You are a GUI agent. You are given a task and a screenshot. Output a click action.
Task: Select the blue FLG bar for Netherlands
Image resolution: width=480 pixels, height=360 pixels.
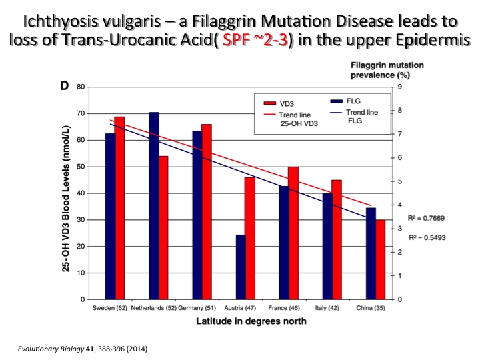[153, 206]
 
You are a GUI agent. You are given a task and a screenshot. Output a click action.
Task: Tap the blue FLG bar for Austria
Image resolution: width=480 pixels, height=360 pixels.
[241, 267]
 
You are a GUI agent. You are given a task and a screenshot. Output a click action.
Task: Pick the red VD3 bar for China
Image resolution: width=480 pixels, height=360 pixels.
[381, 259]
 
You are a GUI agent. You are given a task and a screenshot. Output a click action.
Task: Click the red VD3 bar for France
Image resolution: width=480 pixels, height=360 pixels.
[293, 233]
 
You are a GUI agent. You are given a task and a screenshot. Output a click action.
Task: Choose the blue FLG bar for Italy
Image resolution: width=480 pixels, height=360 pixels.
[327, 246]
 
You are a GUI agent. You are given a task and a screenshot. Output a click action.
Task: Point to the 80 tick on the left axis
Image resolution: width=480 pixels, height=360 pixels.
[79, 87]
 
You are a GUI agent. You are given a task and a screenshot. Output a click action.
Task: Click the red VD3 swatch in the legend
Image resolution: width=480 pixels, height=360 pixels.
[271, 104]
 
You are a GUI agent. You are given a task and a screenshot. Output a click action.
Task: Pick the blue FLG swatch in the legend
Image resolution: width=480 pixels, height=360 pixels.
[338, 101]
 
